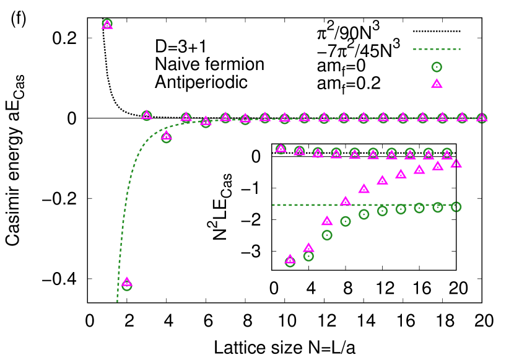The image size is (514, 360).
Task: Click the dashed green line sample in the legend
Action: [437, 49]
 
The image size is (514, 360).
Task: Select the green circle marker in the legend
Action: [437, 67]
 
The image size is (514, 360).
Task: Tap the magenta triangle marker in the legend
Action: [437, 84]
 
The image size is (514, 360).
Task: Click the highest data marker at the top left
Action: [107, 24]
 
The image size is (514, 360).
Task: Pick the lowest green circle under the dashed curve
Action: [127, 286]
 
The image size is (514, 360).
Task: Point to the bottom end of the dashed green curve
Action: [117, 301]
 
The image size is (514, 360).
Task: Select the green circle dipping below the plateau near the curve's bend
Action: [166, 138]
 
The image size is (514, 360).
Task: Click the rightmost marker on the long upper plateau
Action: [482, 118]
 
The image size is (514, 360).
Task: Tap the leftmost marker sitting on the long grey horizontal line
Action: [146, 115]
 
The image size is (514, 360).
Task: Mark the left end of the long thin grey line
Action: [89, 118]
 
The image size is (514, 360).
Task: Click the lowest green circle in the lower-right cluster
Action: [290, 261]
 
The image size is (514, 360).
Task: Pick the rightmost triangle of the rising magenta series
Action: [456, 164]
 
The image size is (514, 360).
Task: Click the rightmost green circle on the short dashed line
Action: [456, 207]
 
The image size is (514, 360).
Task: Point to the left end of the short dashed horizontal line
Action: [272, 205]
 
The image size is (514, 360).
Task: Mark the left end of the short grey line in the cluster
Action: [272, 157]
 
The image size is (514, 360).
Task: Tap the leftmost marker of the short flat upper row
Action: [281, 149]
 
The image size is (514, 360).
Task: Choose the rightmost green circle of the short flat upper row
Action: [447, 152]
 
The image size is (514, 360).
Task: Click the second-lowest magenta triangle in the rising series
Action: [308, 248]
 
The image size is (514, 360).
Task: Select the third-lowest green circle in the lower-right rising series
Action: [327, 235]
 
